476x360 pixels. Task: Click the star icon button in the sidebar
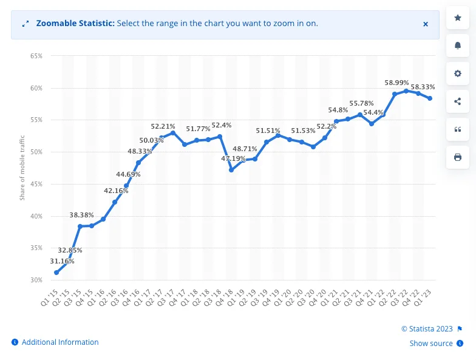pyautogui.click(x=458, y=18)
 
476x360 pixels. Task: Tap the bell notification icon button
pyautogui.click(x=458, y=46)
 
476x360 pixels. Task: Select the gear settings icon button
pyautogui.click(x=458, y=74)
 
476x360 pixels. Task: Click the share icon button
pyautogui.click(x=458, y=102)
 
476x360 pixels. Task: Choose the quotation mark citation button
pyautogui.click(x=458, y=129)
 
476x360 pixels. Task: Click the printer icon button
pyautogui.click(x=458, y=157)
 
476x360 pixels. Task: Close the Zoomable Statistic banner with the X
pyautogui.click(x=426, y=24)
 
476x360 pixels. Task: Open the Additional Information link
pyautogui.click(x=59, y=342)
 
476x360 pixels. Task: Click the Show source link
pyautogui.click(x=431, y=344)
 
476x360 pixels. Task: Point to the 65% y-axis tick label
pyautogui.click(x=36, y=56)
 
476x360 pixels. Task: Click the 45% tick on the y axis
pyautogui.click(x=36, y=184)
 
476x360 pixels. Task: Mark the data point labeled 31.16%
pyautogui.click(x=56, y=273)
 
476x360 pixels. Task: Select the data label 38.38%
pyautogui.click(x=82, y=215)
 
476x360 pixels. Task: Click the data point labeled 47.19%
pyautogui.click(x=231, y=170)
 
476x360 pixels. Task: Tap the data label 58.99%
pyautogui.click(x=396, y=83)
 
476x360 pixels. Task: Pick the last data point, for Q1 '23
pyautogui.click(x=430, y=98)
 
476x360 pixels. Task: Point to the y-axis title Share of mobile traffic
pyautogui.click(x=22, y=168)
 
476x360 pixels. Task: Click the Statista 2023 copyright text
pyautogui.click(x=427, y=329)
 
